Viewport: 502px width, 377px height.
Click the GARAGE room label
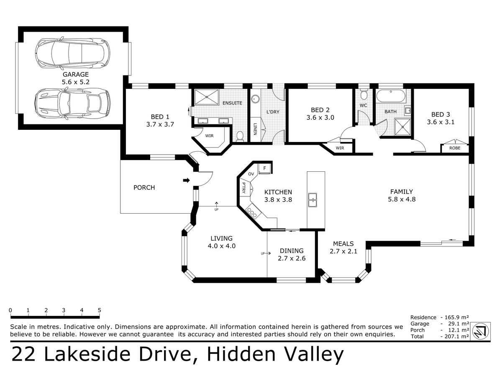coord(75,75)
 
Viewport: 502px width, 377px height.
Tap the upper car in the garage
coord(72,53)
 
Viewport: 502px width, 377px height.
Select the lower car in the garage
coord(72,104)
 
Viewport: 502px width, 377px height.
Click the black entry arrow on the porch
coord(187,181)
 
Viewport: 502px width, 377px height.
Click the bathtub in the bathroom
coord(391,96)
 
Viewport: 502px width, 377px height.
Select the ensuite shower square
coord(207,97)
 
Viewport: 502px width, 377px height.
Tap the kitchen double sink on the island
coord(312,200)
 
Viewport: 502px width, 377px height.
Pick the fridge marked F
coord(265,168)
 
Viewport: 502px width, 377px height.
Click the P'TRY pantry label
coord(244,188)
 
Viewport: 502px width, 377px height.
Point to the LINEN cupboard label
coord(255,129)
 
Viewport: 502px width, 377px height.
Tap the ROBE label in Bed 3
coord(455,148)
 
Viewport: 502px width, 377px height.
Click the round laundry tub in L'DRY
coord(255,99)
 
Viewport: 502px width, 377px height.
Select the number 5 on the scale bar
coord(100,310)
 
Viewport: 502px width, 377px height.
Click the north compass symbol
coord(481,331)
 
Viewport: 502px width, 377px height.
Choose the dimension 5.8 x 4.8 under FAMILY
coord(402,199)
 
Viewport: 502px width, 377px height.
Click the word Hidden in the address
coord(241,354)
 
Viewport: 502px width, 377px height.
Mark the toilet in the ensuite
coord(240,136)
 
